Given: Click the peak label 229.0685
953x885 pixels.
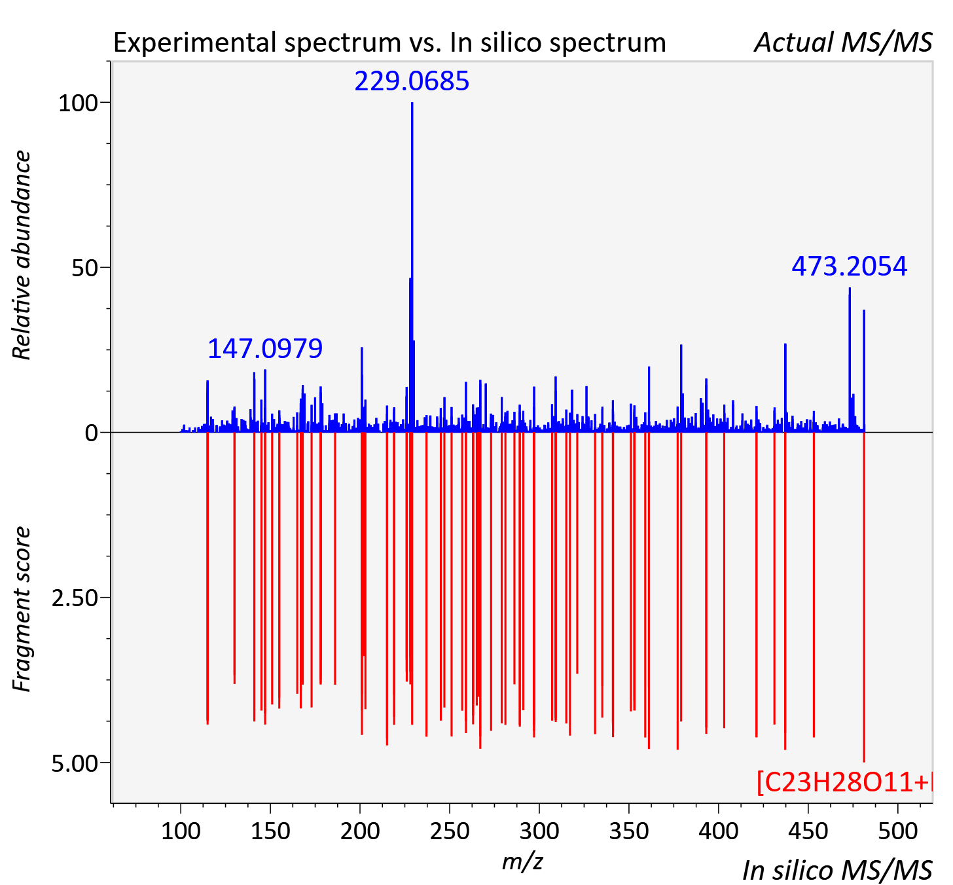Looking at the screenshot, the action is (412, 81).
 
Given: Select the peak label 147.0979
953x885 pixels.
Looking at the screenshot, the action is (265, 348).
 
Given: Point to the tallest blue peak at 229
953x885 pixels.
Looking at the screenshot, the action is (412, 267).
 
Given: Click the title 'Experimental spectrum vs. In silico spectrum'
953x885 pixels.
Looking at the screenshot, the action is (389, 43).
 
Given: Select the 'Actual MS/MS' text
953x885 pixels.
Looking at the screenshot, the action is (843, 43).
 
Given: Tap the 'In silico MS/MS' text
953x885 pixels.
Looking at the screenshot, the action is (837, 870).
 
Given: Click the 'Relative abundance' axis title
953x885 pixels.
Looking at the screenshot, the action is (22, 255).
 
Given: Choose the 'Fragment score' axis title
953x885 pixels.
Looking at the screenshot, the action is (22, 609).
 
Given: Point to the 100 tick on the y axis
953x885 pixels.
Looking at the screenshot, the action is (78, 103).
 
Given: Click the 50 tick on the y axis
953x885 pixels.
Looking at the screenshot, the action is (85, 268).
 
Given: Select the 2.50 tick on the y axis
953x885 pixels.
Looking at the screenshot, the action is (75, 598).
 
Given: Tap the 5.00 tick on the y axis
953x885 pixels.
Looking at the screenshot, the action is (75, 763).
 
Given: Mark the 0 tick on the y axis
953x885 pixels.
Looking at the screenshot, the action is (92, 433).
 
